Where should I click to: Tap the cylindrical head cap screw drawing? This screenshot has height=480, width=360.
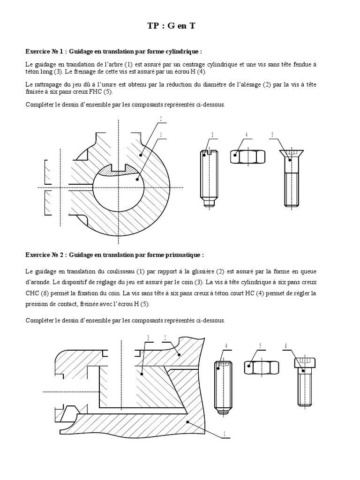(x=304, y=380)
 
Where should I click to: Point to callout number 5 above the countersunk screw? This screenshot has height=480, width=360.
(x=272, y=135)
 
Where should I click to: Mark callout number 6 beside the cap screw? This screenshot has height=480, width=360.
(x=285, y=346)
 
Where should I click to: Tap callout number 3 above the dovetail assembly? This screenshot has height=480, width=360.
(x=148, y=338)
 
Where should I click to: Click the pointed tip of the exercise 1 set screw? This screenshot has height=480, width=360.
(x=209, y=204)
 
